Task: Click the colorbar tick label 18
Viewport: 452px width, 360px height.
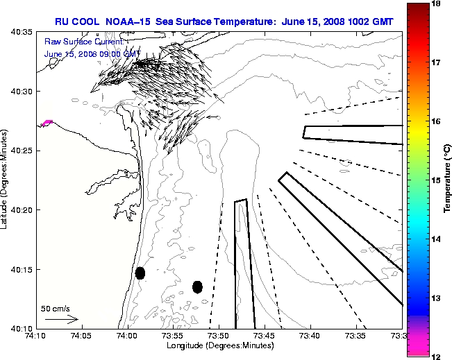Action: point(437,3)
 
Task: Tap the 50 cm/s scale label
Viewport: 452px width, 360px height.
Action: point(55,308)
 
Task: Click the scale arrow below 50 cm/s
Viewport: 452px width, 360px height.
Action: point(61,320)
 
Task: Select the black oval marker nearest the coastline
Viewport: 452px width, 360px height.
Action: point(140,273)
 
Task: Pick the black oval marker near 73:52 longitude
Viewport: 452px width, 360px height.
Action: point(197,286)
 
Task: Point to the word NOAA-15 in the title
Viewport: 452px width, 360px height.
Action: point(131,22)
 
